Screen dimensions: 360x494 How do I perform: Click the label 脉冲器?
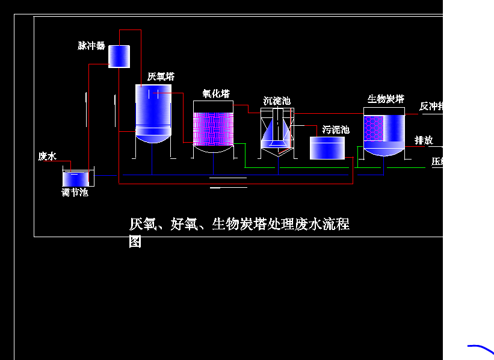pyautogui.click(x=91, y=46)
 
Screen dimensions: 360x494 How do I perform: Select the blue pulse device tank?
pyautogui.click(x=119, y=56)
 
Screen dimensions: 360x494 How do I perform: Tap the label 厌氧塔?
pyautogui.click(x=161, y=77)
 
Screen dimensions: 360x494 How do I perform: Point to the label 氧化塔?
pyautogui.click(x=215, y=94)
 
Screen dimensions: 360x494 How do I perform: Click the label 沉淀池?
pyautogui.click(x=277, y=101)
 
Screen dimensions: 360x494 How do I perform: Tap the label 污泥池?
pyautogui.click(x=336, y=129)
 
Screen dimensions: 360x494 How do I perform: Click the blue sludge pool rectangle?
pyautogui.click(x=327, y=148)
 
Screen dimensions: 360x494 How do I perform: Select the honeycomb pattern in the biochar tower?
pyautogui.click(x=374, y=128)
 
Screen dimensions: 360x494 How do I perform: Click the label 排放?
pyautogui.click(x=424, y=140)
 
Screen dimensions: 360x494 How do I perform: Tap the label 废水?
pyautogui.click(x=47, y=157)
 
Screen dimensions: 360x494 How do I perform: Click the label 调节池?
pyautogui.click(x=75, y=193)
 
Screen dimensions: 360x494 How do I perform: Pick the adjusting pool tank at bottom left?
pyautogui.click(x=77, y=178)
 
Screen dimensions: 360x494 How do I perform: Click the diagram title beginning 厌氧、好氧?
pyautogui.click(x=239, y=225)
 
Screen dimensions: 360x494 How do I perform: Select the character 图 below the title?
pyautogui.click(x=135, y=242)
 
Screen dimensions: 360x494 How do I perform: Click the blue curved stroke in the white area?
pyautogui.click(x=481, y=348)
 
